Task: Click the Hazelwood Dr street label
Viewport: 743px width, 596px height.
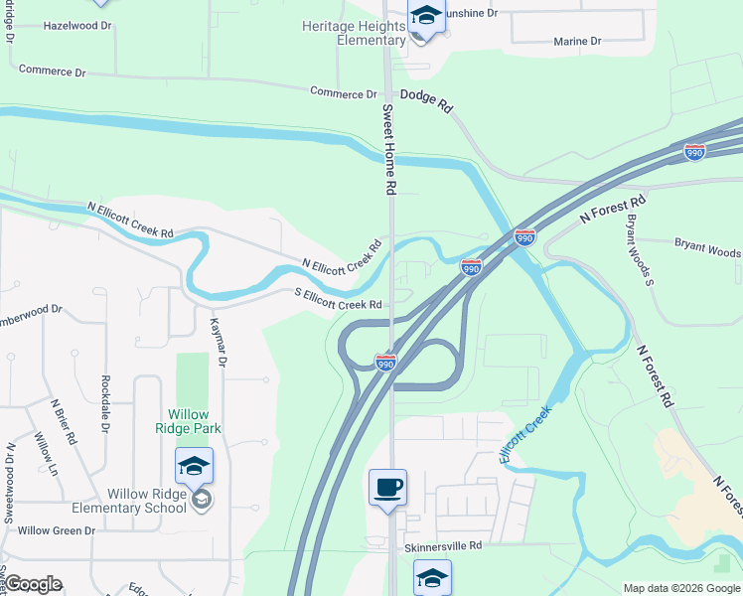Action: coord(77,25)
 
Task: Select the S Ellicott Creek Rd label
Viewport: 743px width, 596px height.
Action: coord(338,299)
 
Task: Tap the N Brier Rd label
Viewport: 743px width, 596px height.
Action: coord(65,422)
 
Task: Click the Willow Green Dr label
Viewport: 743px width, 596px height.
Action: coord(56,530)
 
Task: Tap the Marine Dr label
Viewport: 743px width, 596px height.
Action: coord(577,42)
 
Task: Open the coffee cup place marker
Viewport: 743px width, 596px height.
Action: coord(387,488)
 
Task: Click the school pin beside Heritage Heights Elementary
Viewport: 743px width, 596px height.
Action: coord(426,18)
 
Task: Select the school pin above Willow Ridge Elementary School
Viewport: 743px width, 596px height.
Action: coord(194,465)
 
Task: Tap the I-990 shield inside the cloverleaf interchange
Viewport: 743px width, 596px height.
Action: coord(385,363)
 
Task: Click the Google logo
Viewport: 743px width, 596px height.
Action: coord(33,584)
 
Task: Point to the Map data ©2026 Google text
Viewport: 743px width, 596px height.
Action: coord(680,588)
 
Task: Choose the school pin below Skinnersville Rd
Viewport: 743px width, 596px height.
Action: coord(432,577)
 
